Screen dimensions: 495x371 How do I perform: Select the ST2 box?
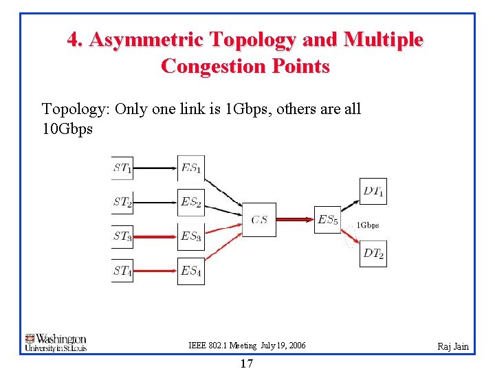point(122,203)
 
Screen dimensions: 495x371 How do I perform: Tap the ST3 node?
point(122,236)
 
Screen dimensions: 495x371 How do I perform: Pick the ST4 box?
point(122,270)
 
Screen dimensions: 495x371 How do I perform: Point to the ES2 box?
point(190,203)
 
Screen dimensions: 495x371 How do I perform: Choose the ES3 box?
point(190,236)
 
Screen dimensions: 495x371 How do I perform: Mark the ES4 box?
point(190,270)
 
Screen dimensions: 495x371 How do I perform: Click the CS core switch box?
point(259,220)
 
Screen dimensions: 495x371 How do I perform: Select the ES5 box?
point(327,220)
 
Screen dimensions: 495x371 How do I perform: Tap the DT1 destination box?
point(373,191)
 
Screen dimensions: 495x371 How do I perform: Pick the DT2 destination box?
point(373,254)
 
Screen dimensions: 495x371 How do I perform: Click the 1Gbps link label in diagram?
point(367,225)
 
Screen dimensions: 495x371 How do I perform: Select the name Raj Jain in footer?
point(453,346)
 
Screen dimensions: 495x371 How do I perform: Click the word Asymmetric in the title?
point(146,40)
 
